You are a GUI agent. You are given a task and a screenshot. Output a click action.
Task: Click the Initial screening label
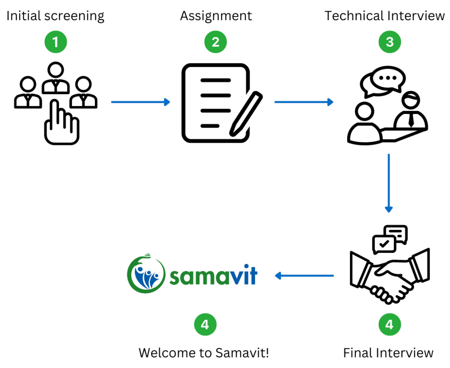point(55,16)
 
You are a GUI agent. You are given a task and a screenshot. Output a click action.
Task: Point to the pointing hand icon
point(61,124)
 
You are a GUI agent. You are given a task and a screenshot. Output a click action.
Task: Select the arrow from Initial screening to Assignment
point(140,102)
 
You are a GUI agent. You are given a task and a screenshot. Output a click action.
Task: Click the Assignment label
point(216,16)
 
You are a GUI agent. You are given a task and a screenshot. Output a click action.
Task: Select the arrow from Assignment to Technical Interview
point(304,102)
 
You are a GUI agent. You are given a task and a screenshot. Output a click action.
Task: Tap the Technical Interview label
point(385,16)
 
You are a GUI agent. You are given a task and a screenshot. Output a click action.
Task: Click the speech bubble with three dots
point(387,79)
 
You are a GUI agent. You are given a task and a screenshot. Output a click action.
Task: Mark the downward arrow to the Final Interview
point(388,182)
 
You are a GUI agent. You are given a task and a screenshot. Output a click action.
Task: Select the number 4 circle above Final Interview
point(389,325)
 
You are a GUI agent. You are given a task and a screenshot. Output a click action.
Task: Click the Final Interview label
point(388,353)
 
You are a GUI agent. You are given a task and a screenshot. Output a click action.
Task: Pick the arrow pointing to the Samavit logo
point(304,276)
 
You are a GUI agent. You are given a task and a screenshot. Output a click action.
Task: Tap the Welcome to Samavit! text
point(204,353)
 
